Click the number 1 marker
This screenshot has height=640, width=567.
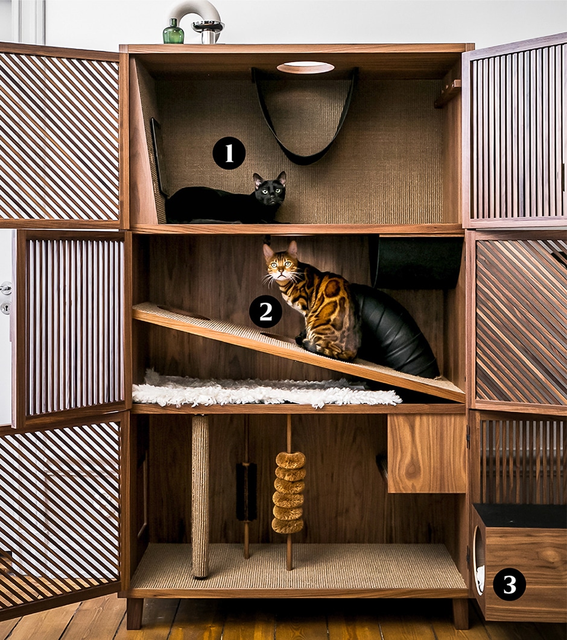click(x=229, y=153)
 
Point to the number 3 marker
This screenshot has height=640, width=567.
click(x=509, y=585)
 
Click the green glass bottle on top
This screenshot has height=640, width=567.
click(x=173, y=32)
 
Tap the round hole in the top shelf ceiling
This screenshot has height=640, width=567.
click(x=305, y=68)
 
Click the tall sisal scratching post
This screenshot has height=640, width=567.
click(x=200, y=495)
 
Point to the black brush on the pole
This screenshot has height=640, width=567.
click(x=246, y=490)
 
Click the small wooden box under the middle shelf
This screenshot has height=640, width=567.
click(x=426, y=452)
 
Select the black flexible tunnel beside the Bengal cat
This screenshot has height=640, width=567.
click(x=392, y=332)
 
